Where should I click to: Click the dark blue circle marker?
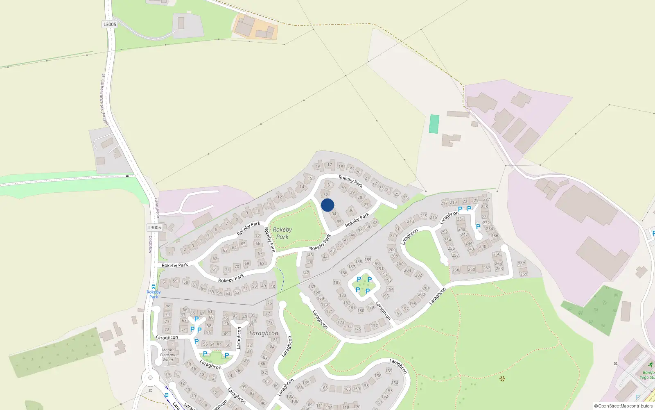(327, 205)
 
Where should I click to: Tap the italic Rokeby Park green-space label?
(282, 233)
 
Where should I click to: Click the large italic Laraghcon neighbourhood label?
(264, 333)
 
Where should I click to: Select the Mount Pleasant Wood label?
(168, 355)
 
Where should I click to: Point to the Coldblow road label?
(150, 244)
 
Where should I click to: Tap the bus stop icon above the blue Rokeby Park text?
(154, 287)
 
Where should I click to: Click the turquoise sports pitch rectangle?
(434, 124)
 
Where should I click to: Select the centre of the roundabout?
(150, 378)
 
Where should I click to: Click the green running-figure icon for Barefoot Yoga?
(650, 364)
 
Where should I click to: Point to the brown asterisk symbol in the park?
(502, 378)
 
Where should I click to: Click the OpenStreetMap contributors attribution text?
(623, 406)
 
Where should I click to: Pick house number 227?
(486, 199)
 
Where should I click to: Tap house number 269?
(524, 274)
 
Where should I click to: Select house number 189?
(368, 260)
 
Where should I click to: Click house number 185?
(337, 282)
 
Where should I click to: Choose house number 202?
(418, 275)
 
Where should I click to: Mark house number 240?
(483, 246)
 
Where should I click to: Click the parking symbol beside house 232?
(478, 227)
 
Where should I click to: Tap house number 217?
(444, 203)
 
